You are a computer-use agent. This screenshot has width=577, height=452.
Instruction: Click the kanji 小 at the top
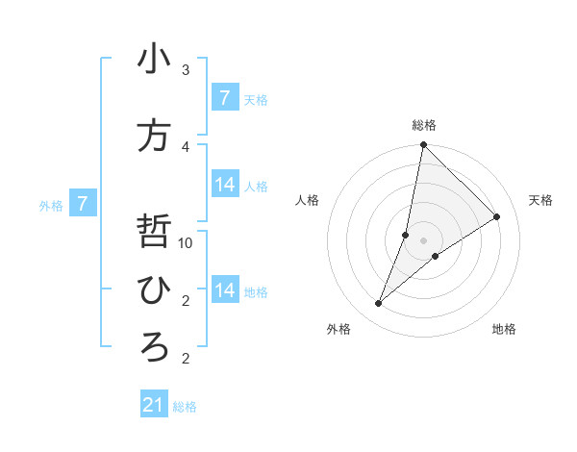[x=154, y=60]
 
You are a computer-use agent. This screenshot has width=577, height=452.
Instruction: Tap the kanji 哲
[x=154, y=233]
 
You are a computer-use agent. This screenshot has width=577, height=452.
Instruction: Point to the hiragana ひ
[x=154, y=290]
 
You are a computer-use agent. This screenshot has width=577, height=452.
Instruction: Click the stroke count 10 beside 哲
[x=186, y=242]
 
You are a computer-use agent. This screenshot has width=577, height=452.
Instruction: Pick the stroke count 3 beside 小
[x=186, y=70]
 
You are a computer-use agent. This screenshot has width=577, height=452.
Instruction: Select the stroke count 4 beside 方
[x=186, y=146]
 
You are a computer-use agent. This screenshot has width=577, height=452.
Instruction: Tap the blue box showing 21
[x=154, y=405]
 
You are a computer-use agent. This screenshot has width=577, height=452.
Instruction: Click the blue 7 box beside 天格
[x=225, y=98]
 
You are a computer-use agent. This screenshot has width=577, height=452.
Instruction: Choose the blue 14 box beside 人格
[x=225, y=185]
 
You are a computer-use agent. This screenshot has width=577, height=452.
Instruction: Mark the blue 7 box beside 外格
[x=84, y=204]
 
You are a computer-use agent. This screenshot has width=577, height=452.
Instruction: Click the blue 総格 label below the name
[x=185, y=407]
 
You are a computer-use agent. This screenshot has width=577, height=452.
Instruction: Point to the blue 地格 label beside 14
[x=256, y=291]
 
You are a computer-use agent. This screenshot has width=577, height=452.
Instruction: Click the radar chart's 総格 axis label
[x=424, y=125]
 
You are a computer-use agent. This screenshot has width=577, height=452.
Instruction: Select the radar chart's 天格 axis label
[x=540, y=200]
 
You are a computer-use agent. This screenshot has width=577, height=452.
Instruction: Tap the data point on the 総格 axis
[x=423, y=145]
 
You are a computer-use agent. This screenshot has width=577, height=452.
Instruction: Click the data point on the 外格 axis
[x=379, y=304]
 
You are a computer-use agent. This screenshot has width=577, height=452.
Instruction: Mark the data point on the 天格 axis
[x=497, y=217]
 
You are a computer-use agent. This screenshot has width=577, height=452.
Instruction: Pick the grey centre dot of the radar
[x=423, y=240]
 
